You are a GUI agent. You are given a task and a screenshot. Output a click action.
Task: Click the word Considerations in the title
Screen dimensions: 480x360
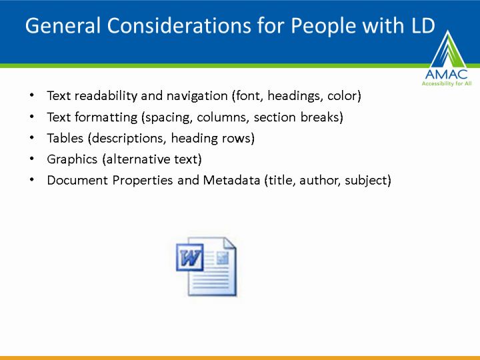(x=179, y=25)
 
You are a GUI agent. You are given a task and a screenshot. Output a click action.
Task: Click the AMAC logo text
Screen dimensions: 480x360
(x=446, y=75)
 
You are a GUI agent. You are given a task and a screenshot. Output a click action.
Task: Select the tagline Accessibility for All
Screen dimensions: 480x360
(x=446, y=83)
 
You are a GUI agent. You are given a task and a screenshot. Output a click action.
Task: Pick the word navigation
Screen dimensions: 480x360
(x=197, y=97)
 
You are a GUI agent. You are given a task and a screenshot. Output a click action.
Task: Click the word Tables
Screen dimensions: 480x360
(x=65, y=138)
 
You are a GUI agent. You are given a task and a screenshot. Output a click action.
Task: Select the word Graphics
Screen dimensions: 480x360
(x=72, y=159)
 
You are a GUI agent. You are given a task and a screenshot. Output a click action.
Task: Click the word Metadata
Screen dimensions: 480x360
(x=231, y=180)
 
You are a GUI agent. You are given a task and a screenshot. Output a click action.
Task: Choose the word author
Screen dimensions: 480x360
(x=320, y=180)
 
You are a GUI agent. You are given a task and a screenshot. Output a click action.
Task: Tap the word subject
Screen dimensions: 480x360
(x=366, y=181)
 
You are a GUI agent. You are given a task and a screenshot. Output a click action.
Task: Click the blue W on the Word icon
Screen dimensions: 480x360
(x=190, y=258)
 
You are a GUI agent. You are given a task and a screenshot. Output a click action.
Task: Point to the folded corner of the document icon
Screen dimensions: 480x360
(x=229, y=243)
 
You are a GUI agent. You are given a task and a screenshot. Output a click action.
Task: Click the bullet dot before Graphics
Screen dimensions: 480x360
(x=32, y=159)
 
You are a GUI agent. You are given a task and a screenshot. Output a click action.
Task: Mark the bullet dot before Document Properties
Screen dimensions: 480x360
(x=32, y=180)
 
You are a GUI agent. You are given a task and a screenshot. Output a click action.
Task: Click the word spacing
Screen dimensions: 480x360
(x=169, y=118)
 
